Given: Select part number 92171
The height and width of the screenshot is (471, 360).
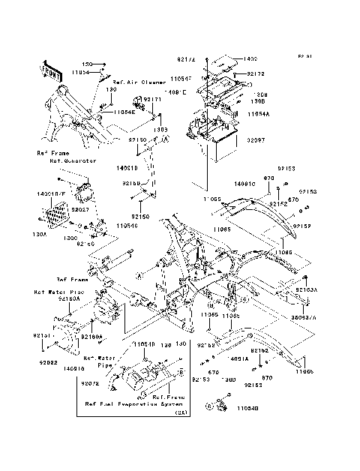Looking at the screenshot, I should pos(152,98).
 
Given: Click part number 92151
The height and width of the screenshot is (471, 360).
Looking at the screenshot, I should pos(42,337).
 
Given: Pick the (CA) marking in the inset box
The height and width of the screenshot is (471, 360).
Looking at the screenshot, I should pos(180,412).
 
